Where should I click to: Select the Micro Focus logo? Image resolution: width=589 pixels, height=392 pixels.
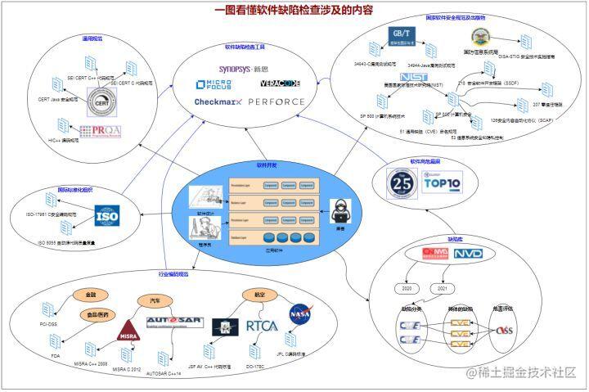[214, 85]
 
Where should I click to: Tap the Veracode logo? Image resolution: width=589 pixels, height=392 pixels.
[281, 84]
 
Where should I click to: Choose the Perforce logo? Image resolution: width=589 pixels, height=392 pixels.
[276, 102]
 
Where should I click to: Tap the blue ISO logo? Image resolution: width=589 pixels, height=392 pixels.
[107, 216]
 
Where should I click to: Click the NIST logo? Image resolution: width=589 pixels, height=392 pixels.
[413, 78]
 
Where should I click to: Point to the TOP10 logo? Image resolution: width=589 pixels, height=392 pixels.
[443, 181]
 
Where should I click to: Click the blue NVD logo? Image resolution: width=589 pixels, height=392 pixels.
[468, 254]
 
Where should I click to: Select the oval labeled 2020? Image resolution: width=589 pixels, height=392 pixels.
[405, 289]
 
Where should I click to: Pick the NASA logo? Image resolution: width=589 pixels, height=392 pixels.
[300, 313]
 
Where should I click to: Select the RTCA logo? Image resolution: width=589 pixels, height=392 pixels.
[262, 326]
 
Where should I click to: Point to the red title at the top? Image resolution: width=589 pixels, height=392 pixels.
[294, 11]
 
